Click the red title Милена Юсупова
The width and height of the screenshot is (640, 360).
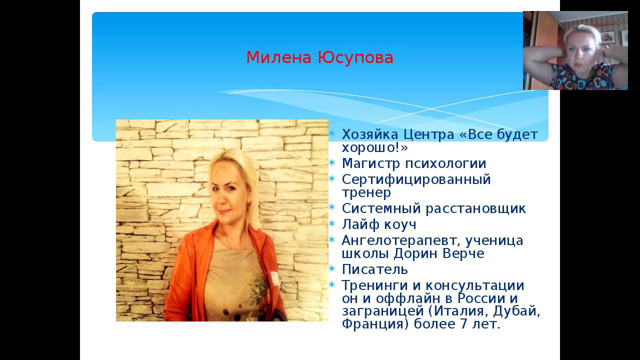pyautogui.click(x=319, y=57)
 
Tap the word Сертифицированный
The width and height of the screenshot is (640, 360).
pyautogui.click(x=416, y=179)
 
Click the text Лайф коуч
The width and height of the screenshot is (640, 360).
pyautogui.click(x=378, y=224)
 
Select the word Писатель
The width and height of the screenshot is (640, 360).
pyautogui.click(x=374, y=269)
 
